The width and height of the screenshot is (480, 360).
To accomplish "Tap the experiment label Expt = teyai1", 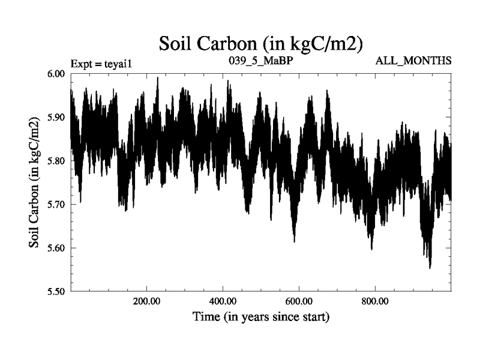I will tap(100, 62).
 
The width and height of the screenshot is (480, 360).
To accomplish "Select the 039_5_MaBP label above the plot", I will tap(260, 61).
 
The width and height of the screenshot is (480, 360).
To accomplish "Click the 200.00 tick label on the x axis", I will tap(146, 301).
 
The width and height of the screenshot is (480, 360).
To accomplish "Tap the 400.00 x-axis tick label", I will tap(223, 301).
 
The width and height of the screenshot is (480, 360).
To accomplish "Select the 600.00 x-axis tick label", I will tap(298, 301).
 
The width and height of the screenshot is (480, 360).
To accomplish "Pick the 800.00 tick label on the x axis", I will tap(374, 301).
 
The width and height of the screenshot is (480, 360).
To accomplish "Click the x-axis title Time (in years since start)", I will tap(261, 316).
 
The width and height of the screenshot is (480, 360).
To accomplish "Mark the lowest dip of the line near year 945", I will tap(430, 268).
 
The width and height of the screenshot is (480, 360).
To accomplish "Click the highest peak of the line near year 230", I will tap(157, 78).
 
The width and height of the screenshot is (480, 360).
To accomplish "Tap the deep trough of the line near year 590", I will tap(294, 241).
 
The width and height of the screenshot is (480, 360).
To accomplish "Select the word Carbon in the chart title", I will tap(229, 43).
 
